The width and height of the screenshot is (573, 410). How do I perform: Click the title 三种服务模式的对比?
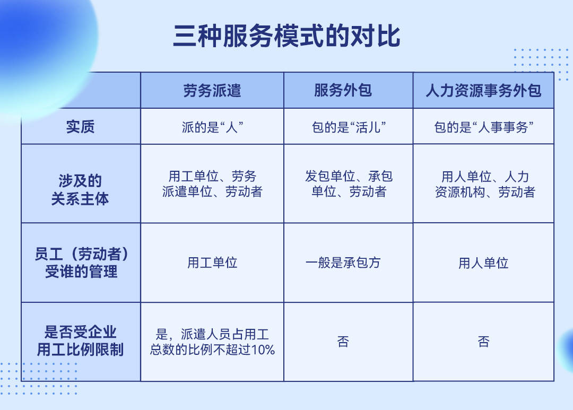(286, 37)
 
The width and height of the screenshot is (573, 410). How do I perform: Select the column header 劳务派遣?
(212, 91)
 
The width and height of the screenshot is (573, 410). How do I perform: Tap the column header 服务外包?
(343, 91)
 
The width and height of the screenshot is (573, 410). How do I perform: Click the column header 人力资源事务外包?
(483, 91)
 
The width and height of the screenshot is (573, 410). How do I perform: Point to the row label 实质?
(81, 127)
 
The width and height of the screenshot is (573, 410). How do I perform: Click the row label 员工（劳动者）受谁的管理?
(81, 263)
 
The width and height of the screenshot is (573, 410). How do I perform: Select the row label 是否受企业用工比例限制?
(81, 342)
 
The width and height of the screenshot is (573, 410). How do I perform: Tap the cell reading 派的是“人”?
(212, 127)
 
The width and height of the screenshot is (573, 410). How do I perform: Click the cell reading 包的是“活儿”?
(348, 127)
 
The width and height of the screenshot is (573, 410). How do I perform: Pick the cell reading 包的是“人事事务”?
(483, 127)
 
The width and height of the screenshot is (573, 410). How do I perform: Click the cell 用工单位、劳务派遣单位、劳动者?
(212, 184)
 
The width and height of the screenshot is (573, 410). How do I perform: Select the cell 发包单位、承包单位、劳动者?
(349, 184)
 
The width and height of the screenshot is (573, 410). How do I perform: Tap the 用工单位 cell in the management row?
(212, 263)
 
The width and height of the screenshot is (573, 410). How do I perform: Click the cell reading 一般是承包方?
(343, 263)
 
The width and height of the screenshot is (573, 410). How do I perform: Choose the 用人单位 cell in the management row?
(483, 263)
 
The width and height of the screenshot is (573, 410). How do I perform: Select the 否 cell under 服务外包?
(343, 342)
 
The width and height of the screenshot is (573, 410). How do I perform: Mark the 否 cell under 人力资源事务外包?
(483, 342)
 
